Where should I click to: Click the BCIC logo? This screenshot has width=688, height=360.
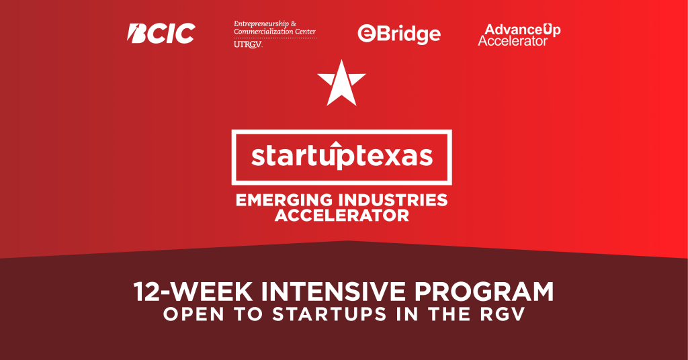161,34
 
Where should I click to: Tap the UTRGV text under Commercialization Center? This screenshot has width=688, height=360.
248,44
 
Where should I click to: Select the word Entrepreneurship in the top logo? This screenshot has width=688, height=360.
261,24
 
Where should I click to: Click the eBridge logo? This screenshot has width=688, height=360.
399,34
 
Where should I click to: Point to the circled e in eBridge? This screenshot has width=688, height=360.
366,34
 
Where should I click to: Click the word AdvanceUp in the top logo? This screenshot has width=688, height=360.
523,30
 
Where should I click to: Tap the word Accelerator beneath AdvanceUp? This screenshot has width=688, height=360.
513,41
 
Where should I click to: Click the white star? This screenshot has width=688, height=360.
341,83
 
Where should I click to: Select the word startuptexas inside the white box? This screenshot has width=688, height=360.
342,156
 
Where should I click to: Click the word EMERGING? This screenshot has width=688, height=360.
284,200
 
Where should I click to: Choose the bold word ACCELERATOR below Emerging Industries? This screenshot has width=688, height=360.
342,216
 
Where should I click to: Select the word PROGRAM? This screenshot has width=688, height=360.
484,291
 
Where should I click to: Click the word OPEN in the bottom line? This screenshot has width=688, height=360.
193,314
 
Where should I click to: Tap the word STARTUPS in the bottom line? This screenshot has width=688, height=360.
329,314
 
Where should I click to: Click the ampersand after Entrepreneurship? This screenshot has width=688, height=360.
294,24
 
